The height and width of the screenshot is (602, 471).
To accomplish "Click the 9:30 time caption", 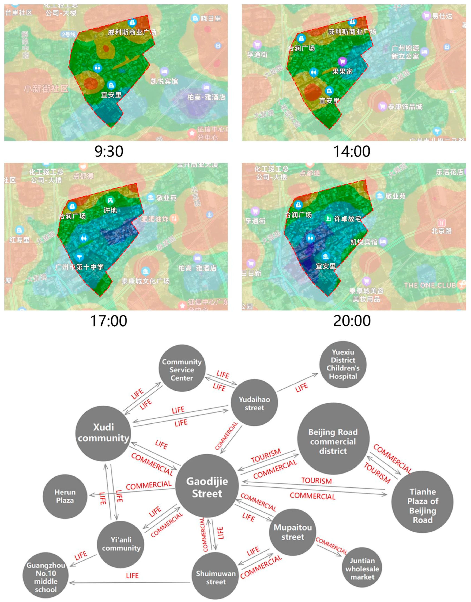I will point(109,151).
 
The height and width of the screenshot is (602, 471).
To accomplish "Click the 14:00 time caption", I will point(352,151).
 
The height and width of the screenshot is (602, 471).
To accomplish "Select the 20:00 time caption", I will point(352,321).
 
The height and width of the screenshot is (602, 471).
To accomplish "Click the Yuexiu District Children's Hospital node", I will point(343,364).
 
